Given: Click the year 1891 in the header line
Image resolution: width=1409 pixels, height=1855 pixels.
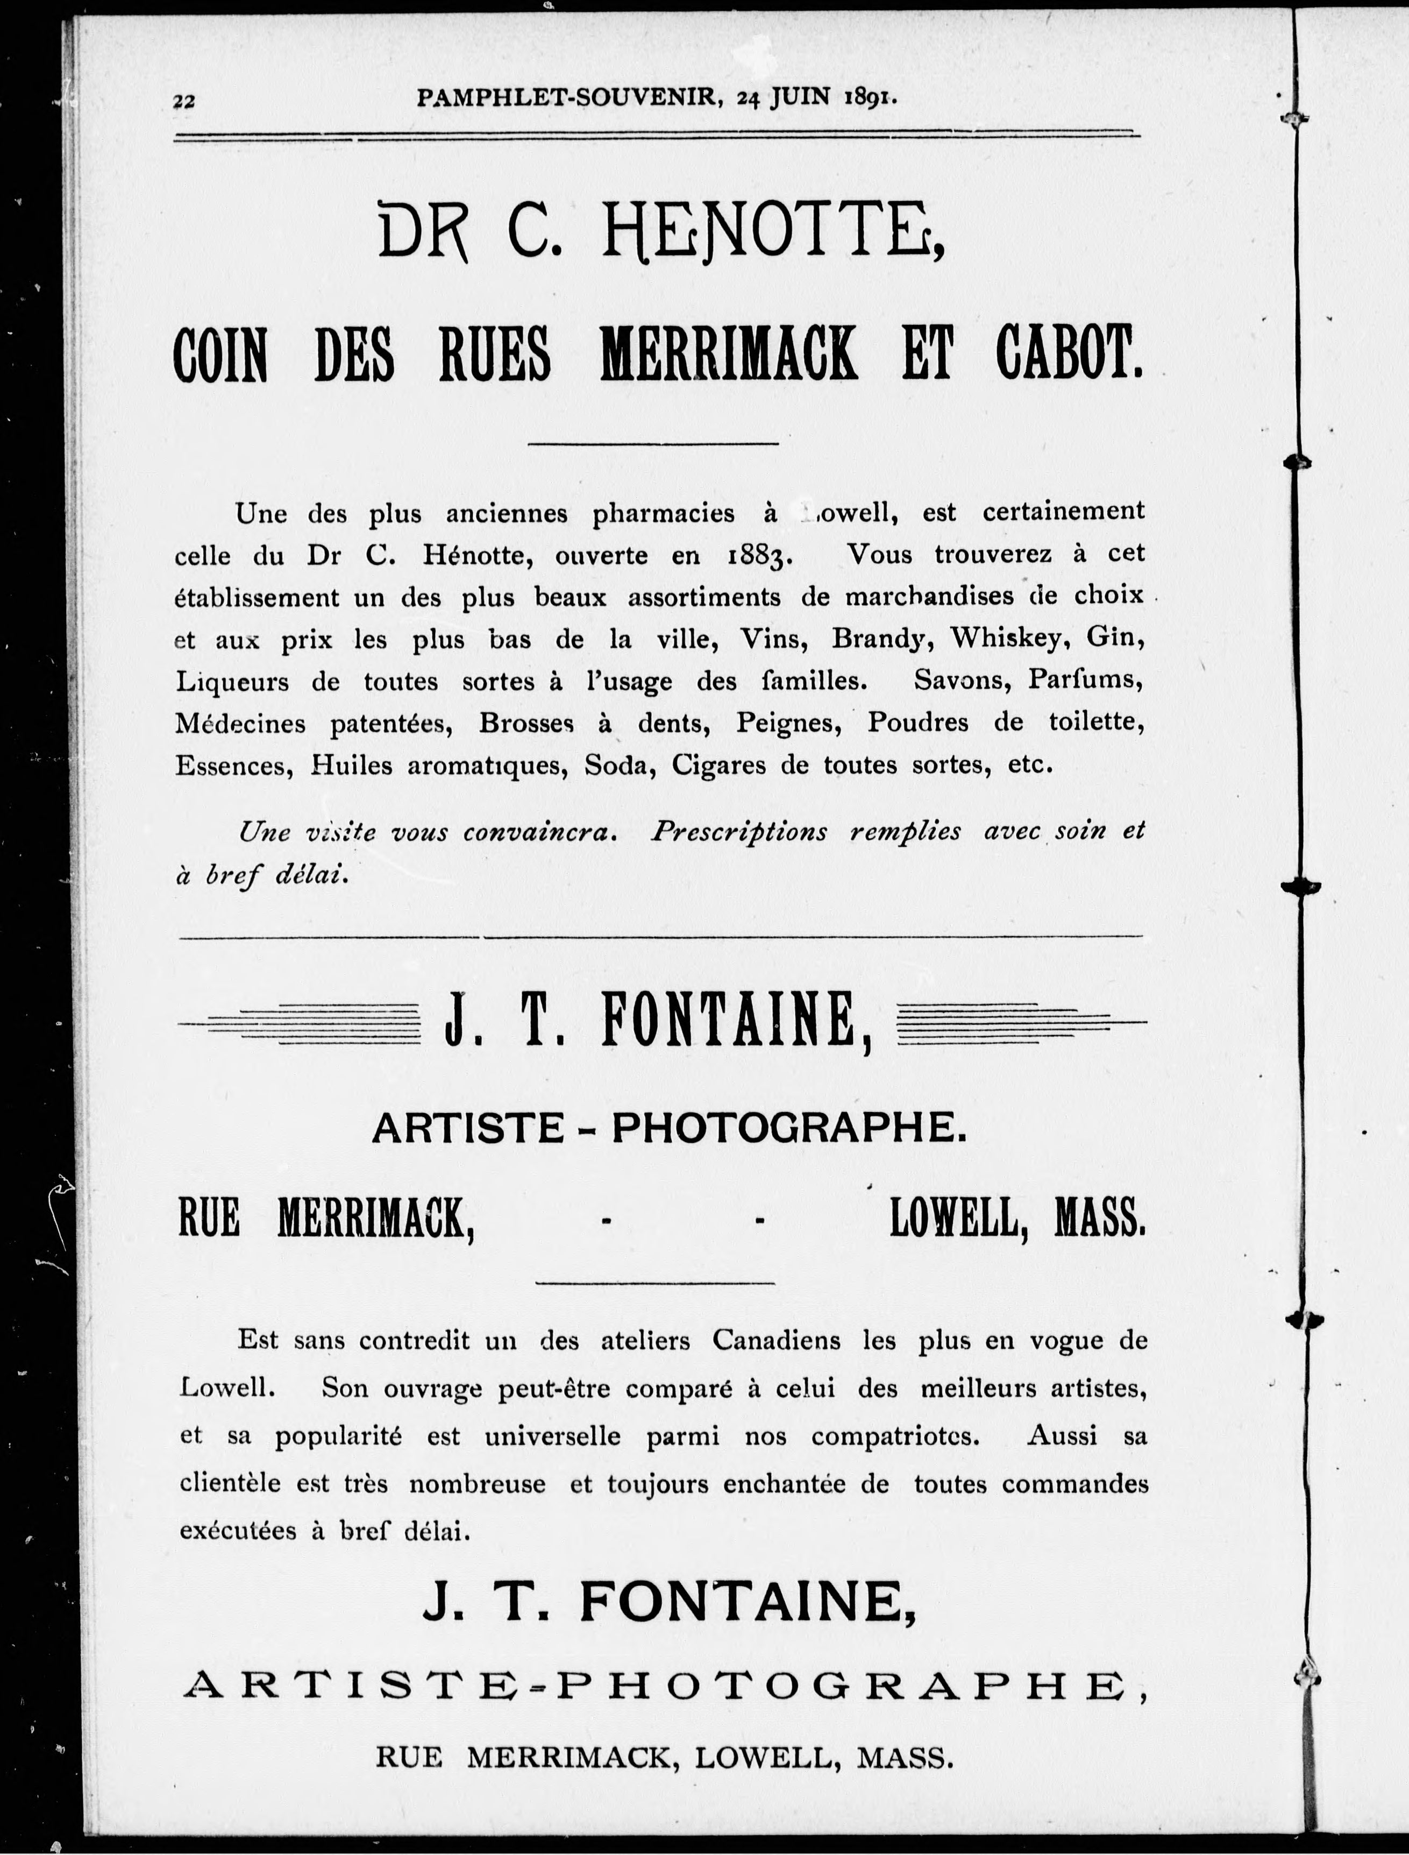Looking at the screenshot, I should click(872, 97).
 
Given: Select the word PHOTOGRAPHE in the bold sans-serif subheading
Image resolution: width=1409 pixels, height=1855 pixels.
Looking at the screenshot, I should click(788, 1128).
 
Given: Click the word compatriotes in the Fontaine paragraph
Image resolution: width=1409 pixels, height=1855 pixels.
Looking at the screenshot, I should click(895, 1435).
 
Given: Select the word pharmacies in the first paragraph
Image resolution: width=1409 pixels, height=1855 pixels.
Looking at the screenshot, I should click(664, 513).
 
